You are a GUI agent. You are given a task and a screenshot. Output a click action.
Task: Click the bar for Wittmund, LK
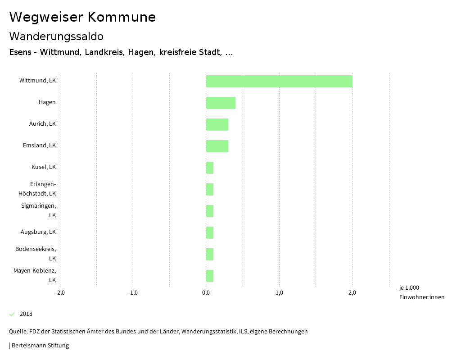tap(279, 81)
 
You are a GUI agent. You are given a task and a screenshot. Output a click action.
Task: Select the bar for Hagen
tap(221, 103)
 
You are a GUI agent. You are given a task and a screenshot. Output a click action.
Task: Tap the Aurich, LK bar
tap(217, 124)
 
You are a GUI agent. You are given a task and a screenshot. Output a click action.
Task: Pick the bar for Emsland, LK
tap(217, 146)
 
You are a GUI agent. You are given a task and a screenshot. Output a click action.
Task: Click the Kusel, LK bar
tap(210, 168)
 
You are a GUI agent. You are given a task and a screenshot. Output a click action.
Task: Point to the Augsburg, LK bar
tap(210, 232)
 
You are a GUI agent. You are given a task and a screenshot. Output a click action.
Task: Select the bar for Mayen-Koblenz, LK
tap(210, 276)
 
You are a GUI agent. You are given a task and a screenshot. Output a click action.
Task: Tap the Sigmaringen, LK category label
tap(39, 210)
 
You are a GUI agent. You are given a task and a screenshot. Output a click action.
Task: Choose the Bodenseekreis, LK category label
tap(36, 254)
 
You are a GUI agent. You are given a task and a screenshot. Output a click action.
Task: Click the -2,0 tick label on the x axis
tap(60, 293)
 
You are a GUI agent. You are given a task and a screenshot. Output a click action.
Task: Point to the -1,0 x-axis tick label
tap(133, 293)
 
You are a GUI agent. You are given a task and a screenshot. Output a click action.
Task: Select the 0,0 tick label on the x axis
tap(206, 293)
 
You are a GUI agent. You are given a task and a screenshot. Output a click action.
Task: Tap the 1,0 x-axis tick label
tap(279, 293)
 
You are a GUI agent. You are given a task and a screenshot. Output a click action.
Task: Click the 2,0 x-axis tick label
tap(352, 293)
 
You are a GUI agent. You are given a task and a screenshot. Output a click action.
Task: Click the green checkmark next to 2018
tap(12, 314)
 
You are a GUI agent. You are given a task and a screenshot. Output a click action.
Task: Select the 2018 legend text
tap(26, 314)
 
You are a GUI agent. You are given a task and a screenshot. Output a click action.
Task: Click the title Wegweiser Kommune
tap(82, 17)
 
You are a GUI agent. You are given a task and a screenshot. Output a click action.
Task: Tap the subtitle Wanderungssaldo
tap(56, 36)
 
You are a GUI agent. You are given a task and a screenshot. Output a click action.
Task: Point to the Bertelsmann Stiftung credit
tap(40, 346)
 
